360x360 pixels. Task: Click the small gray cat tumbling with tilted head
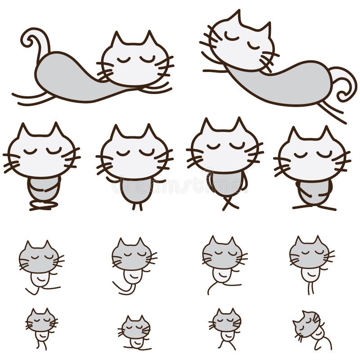coord(310,328)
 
